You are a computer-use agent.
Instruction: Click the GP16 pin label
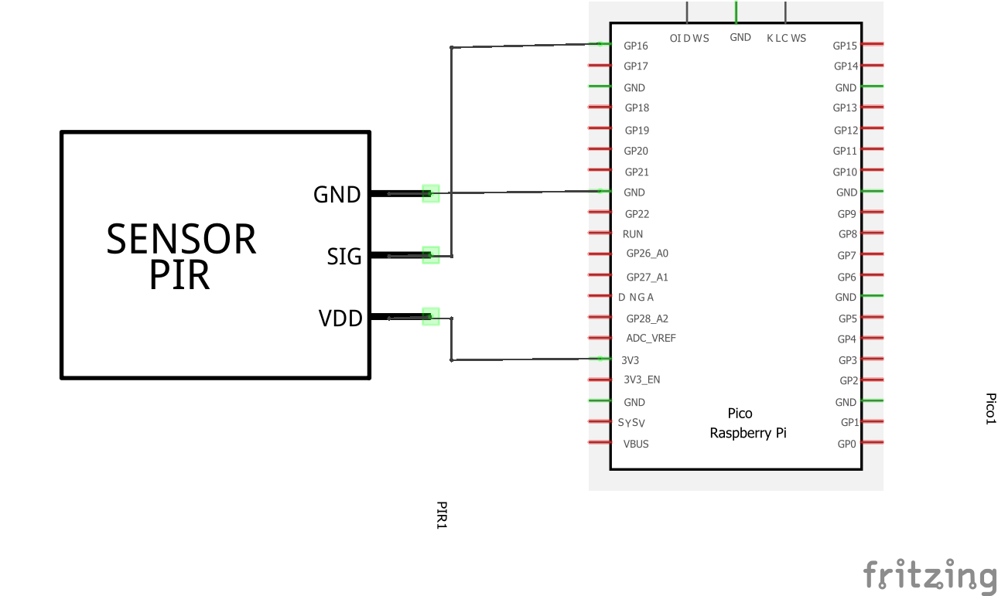click(636, 46)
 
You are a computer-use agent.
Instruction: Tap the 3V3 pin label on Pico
click(630, 360)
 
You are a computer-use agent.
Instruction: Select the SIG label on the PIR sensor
click(344, 256)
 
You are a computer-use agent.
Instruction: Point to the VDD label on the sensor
click(340, 318)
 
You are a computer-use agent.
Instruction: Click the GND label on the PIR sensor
click(337, 195)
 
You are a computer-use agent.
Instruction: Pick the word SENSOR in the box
click(181, 240)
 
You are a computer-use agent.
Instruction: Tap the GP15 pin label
click(845, 46)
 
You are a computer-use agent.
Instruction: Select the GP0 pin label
click(847, 444)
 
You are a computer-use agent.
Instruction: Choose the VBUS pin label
click(636, 444)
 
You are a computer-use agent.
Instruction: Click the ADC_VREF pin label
click(651, 339)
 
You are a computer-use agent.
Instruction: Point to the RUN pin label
click(632, 234)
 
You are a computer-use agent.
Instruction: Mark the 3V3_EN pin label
click(641, 380)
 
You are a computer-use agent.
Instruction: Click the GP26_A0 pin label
click(647, 254)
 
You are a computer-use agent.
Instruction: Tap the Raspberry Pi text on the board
click(747, 433)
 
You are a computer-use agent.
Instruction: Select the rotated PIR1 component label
click(442, 515)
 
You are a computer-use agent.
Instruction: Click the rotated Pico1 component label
click(989, 408)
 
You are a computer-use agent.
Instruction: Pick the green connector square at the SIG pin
click(431, 255)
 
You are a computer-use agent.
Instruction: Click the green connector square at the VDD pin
click(431, 316)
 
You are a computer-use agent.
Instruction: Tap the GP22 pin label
click(637, 214)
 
